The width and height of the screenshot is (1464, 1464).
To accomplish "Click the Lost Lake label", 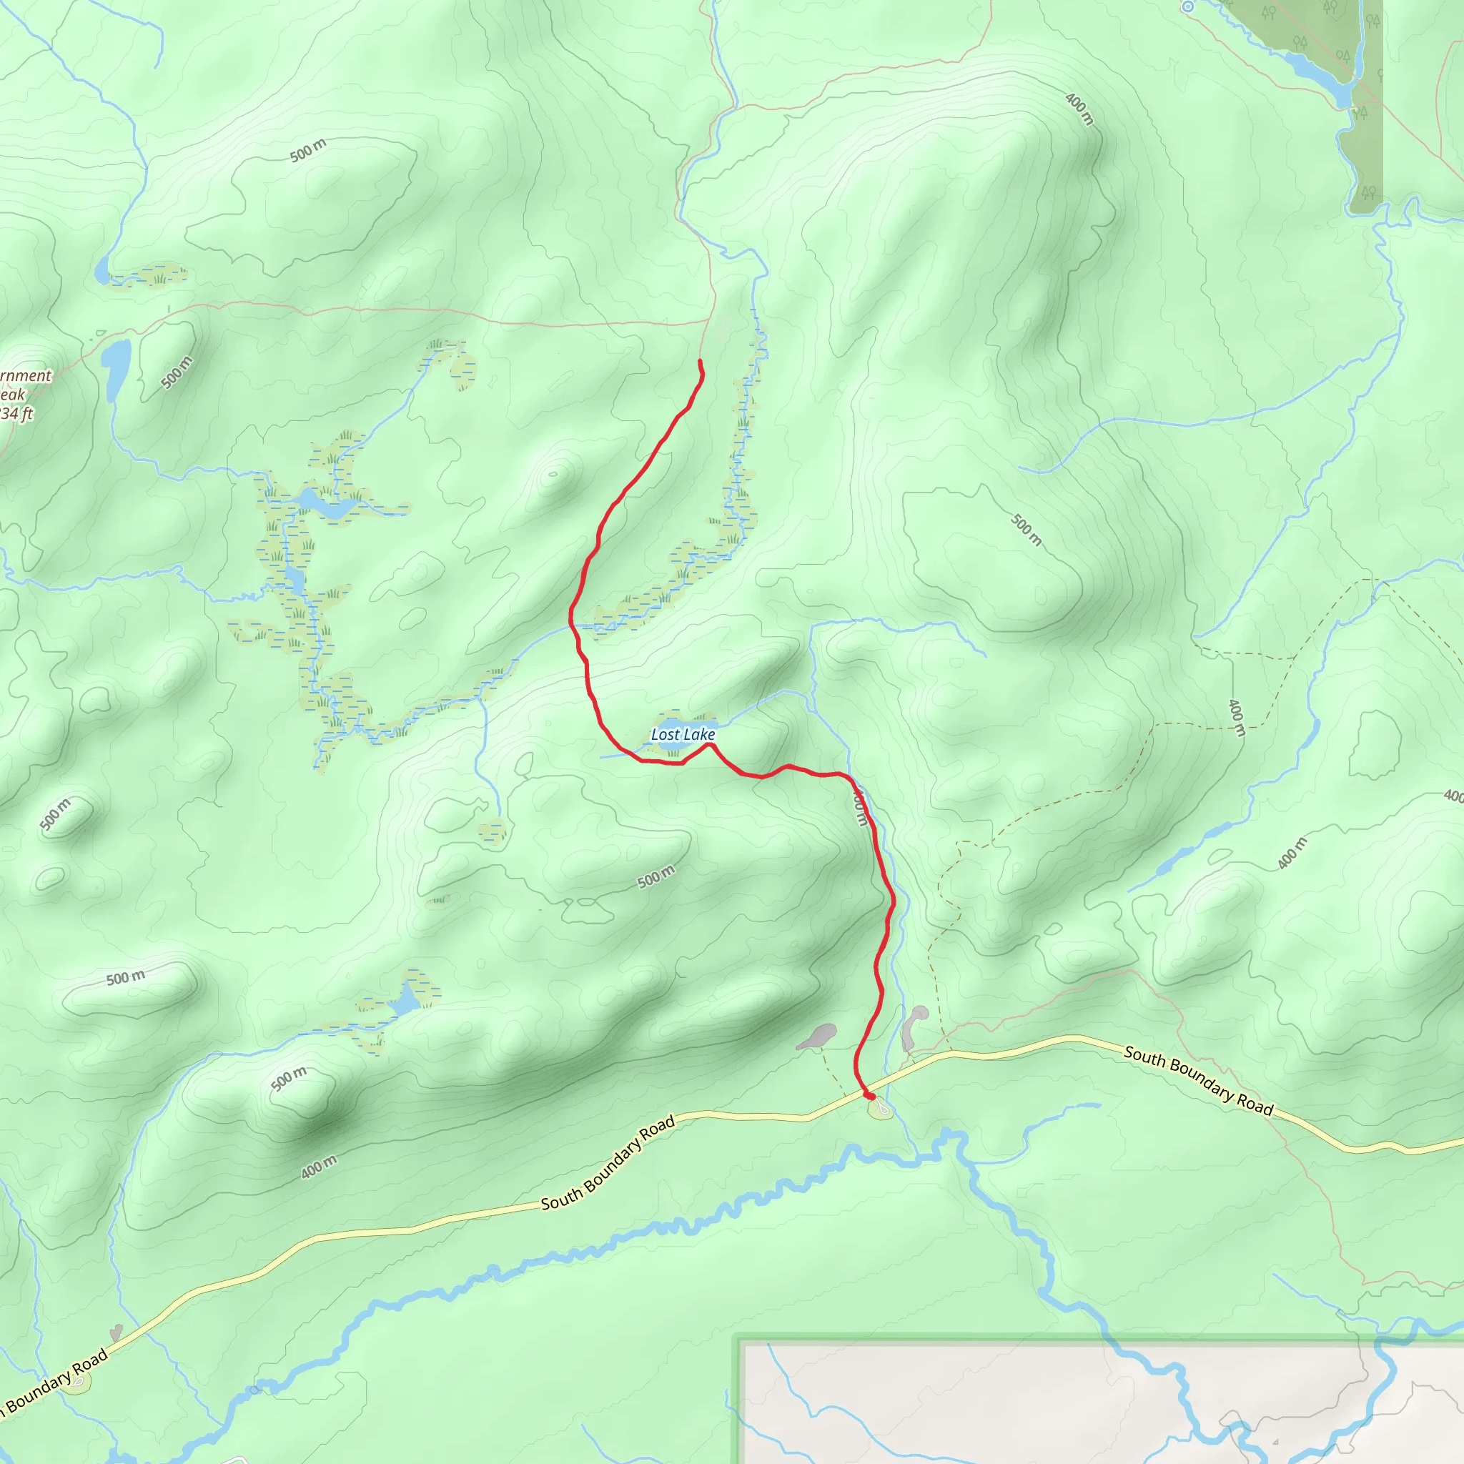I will (x=683, y=734).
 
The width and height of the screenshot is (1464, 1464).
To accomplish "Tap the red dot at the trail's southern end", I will (x=871, y=1097).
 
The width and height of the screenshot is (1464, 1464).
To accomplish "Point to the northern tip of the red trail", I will (x=699, y=361).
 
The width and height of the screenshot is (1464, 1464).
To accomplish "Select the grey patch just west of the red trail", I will (x=818, y=1036).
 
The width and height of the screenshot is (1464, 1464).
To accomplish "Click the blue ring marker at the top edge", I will (x=1188, y=7).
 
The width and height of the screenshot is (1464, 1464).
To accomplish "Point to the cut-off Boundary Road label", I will (x=53, y=1384).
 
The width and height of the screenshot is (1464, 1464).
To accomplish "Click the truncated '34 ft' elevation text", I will (x=16, y=414).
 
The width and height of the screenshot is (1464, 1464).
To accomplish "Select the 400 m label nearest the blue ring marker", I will (x=1079, y=109).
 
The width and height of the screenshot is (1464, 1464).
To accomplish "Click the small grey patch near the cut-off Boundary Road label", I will (x=116, y=1332).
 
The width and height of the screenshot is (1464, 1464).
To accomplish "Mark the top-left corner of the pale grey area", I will (x=741, y=1341).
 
